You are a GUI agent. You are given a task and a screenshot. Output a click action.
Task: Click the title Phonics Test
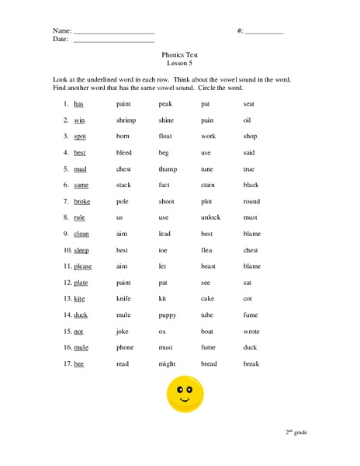pos(179,57)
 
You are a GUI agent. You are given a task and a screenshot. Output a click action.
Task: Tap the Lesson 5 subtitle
pos(179,65)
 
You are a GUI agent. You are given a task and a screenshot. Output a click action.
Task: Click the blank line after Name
pos(115,33)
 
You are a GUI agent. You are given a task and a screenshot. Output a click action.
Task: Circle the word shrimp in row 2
pos(126,120)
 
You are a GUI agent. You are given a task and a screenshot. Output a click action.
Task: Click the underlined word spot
pos(80,137)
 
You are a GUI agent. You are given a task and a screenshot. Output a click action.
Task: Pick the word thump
pos(168,169)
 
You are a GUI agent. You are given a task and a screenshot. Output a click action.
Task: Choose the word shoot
pos(166,201)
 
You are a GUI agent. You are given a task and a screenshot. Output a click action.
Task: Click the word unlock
pos(210,217)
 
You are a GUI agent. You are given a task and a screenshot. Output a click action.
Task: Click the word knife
pos(124,299)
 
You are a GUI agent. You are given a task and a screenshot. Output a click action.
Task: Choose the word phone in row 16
pos(125,348)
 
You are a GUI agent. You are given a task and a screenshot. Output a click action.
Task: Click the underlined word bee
pos(78,364)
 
